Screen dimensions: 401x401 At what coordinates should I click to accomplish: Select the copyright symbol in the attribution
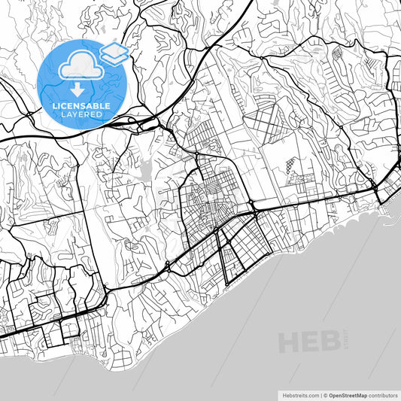click(325, 394)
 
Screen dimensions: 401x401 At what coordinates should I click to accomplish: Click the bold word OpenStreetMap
click(348, 394)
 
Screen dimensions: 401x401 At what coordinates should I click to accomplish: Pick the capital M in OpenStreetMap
click(360, 394)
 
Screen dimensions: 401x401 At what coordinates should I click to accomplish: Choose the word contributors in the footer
click(384, 394)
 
